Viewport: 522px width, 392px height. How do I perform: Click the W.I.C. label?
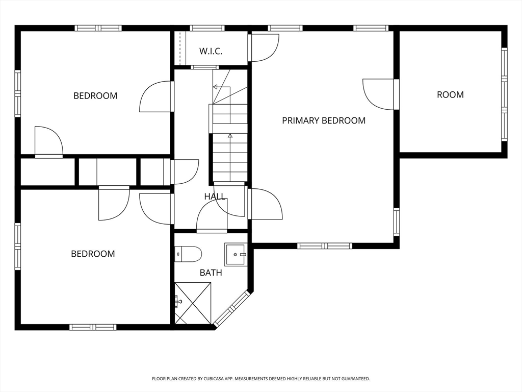pos(211,52)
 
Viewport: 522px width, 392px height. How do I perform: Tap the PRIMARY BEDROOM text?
pos(324,120)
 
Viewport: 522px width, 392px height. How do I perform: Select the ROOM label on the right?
pos(450,94)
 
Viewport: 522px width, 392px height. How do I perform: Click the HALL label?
pos(215,197)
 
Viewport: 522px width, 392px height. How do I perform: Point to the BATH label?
pos(211,273)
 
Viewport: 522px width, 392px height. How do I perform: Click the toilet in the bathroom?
pos(188,254)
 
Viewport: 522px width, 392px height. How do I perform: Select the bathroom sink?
pos(236,254)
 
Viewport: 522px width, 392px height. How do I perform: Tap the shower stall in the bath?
pos(193,303)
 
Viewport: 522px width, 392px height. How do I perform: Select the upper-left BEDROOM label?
pos(95,96)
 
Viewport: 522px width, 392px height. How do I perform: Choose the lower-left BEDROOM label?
pos(93,254)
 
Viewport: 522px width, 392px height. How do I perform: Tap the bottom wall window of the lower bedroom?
pos(93,327)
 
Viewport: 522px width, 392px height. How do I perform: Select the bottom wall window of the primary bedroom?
pos(325,246)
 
